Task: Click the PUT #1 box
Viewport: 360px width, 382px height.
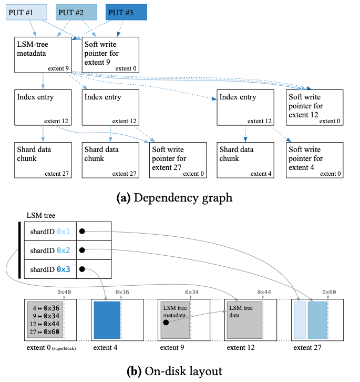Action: coord(26,12)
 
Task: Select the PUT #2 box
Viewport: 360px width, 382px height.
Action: coord(76,12)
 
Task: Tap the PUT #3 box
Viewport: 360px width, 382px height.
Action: coord(126,12)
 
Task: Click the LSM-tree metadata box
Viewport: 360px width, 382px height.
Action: coord(43,55)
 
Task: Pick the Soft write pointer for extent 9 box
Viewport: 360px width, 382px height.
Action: coord(110,55)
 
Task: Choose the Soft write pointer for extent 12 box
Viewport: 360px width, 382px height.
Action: coord(315,107)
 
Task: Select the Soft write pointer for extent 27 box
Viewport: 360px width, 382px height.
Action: coord(178,160)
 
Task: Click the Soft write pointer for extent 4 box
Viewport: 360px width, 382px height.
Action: coord(315,160)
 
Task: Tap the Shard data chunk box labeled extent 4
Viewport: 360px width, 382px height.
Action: coord(245,160)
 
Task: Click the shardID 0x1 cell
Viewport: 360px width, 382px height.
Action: coord(50,231)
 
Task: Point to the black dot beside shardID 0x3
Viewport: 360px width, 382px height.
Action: coord(82,269)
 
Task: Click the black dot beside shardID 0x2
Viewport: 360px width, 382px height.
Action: coord(82,250)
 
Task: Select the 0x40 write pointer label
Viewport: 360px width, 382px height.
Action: coord(64,292)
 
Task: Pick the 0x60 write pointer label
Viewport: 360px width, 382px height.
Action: coord(329,292)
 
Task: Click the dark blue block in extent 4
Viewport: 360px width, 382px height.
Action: coord(107,320)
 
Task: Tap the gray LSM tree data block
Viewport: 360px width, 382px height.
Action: coord(244,320)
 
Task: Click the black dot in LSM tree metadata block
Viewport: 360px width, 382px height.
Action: coord(166,323)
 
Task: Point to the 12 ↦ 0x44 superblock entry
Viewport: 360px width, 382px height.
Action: coord(45,324)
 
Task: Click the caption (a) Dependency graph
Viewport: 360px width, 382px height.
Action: coord(174,198)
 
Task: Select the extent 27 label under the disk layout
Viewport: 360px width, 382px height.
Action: coord(307,348)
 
